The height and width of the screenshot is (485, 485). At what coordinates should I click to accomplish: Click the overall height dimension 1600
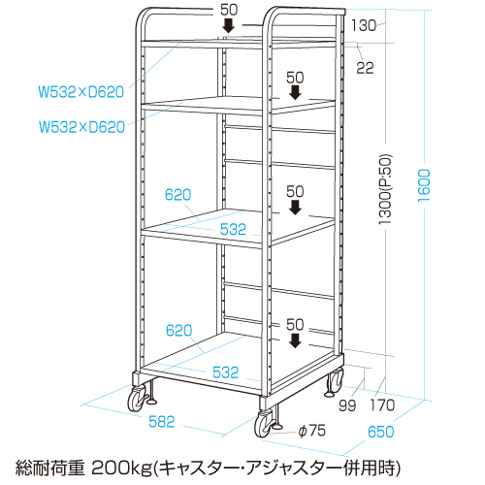tap(424, 185)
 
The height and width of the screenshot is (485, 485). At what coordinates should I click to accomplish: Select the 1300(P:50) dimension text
tap(386, 189)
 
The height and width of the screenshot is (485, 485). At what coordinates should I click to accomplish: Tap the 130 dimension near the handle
tap(364, 25)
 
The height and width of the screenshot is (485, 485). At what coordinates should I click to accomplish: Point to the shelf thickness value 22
tap(365, 68)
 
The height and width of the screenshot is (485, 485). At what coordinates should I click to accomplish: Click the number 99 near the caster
tap(347, 405)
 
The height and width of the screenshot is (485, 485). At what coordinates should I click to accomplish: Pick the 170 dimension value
tap(382, 405)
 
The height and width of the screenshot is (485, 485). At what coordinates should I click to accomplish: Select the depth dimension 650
tap(381, 432)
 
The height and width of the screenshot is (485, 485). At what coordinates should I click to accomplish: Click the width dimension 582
tap(161, 422)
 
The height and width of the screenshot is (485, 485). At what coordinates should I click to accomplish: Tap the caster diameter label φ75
tap(312, 431)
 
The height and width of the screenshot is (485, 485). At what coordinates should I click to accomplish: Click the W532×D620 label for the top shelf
tap(81, 92)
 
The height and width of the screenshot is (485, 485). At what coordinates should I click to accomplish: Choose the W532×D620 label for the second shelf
tap(81, 127)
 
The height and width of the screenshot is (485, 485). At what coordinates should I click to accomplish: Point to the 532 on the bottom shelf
tap(225, 372)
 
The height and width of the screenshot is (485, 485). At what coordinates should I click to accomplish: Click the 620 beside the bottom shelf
tap(178, 331)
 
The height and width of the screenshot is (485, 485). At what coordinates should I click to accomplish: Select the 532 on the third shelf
tap(233, 229)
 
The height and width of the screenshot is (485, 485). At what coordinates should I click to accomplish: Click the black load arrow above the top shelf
tap(229, 25)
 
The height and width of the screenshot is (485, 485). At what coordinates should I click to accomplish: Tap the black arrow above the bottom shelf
tap(295, 340)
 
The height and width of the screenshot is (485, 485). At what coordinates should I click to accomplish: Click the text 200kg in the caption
tap(121, 468)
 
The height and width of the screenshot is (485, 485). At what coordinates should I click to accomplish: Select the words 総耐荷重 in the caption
tap(50, 468)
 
